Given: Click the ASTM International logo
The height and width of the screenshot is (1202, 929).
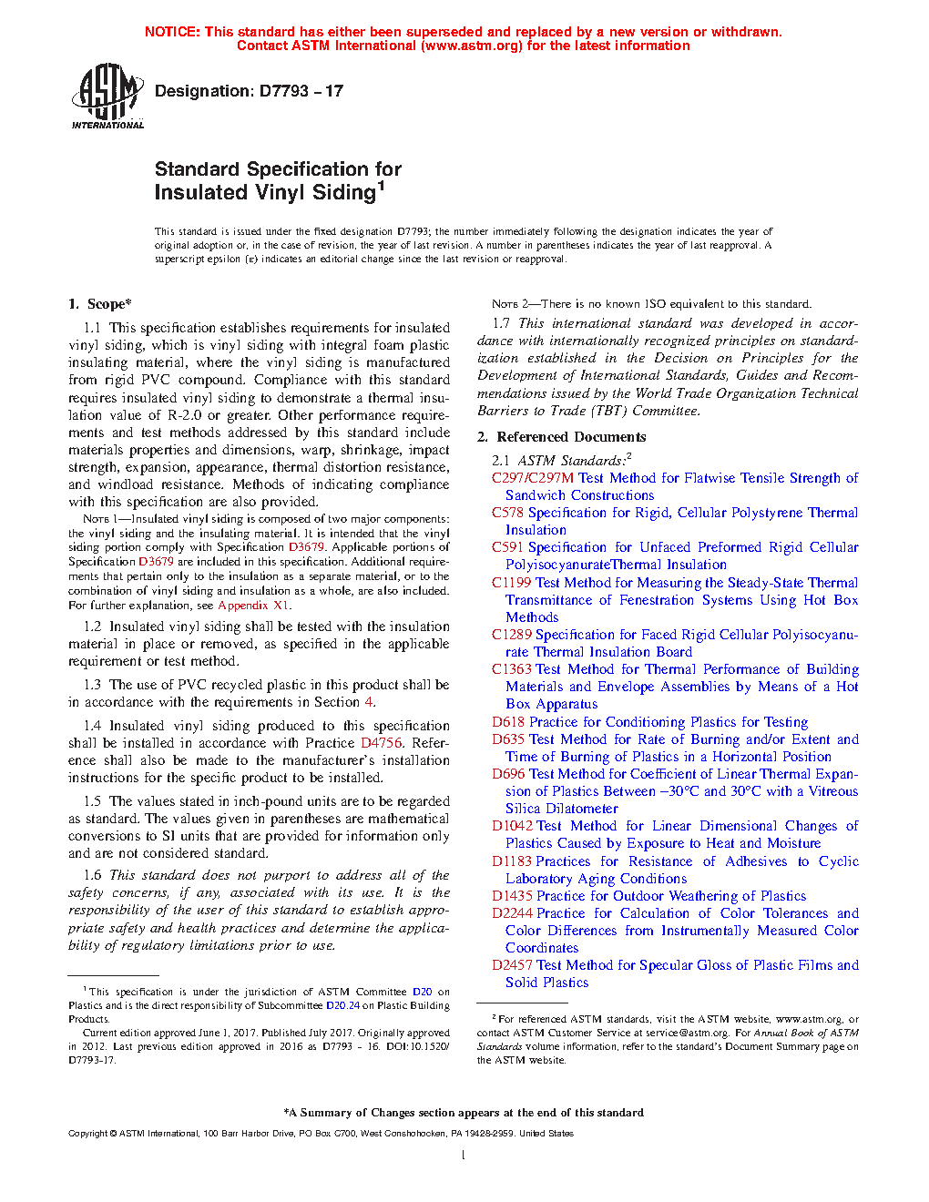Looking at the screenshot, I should (107, 96).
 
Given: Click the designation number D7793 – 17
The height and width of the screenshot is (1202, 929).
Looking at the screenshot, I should (249, 91).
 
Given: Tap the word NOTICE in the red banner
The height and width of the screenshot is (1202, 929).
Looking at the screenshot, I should (172, 32).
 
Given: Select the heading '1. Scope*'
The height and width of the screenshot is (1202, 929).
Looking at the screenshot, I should (100, 304).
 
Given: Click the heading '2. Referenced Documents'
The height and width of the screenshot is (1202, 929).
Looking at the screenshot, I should (561, 437).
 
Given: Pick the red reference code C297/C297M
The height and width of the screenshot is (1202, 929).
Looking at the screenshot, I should (533, 478).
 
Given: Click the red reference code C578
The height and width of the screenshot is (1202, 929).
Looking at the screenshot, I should (507, 513).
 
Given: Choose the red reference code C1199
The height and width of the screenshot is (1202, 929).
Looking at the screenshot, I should (511, 583).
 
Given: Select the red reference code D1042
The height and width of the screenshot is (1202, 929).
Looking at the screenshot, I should (512, 826).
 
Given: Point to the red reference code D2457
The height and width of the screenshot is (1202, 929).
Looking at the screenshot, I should (512, 965).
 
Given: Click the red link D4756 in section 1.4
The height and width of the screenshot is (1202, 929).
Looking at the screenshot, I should (381, 743).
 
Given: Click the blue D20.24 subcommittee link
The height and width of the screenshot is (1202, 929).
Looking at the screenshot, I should (342, 1005).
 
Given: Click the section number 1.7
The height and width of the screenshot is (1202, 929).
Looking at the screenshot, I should (501, 323).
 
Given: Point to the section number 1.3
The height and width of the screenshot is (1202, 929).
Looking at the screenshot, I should (92, 685).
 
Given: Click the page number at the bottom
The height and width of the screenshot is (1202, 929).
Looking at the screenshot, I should (464, 1155).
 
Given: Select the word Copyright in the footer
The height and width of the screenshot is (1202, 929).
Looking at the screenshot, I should (87, 1134).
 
